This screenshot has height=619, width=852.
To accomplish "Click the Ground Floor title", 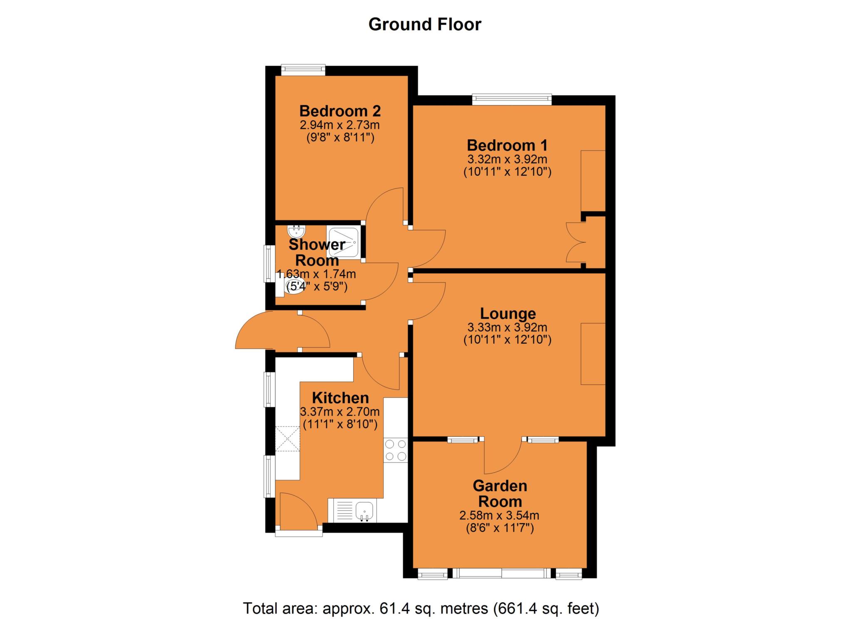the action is (x=425, y=25).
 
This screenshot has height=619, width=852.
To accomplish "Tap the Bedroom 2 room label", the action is (x=340, y=111).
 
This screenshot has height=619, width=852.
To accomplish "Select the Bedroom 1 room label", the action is (x=507, y=146).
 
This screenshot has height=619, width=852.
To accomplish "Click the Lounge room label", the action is (x=508, y=313).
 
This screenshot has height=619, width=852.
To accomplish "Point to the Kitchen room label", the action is (x=340, y=398).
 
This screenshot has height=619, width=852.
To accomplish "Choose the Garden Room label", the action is (x=500, y=493).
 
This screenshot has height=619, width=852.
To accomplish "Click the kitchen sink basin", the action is (x=365, y=511).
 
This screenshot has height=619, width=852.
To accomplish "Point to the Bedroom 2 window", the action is (x=303, y=70).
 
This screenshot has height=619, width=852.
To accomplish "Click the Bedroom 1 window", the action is (x=512, y=99).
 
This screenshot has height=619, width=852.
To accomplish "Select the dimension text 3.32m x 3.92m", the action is (x=507, y=159).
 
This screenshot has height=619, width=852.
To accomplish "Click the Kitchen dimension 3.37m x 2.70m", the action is (x=340, y=412).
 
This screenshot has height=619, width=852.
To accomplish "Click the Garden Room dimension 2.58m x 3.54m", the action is (x=499, y=515).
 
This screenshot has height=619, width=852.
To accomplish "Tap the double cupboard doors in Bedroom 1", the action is (x=576, y=242).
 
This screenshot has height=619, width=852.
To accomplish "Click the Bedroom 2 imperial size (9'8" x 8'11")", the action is (x=340, y=137).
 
